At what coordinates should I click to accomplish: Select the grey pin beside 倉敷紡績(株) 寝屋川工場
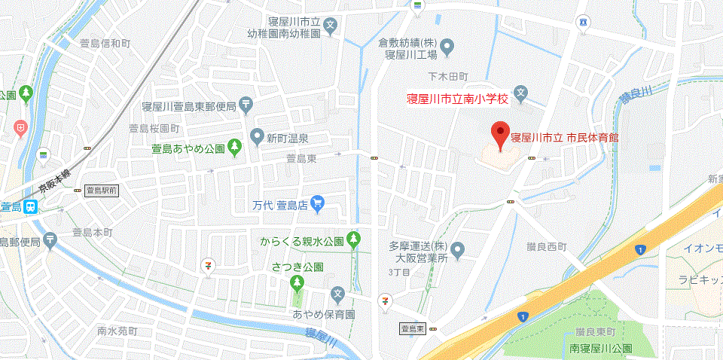point(447,49)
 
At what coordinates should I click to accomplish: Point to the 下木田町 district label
point(448,77)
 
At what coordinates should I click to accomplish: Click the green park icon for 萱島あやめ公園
point(235,145)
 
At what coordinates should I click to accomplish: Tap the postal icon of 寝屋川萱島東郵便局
point(246,105)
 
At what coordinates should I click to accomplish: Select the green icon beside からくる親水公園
point(354,241)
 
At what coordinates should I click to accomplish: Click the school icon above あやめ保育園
point(338,294)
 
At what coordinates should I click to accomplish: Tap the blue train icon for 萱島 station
point(31,207)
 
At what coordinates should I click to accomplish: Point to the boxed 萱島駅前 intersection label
point(101,191)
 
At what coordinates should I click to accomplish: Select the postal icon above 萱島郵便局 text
point(50,241)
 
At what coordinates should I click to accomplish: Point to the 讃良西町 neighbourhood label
point(547,246)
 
